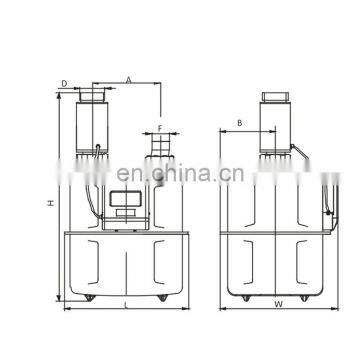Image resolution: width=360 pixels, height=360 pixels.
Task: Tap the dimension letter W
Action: click(x=277, y=304)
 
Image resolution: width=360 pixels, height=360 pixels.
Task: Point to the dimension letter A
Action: click(x=129, y=78)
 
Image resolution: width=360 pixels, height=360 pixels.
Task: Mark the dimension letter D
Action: click(x=64, y=84)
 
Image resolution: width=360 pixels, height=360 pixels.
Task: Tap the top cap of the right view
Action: click(x=275, y=100)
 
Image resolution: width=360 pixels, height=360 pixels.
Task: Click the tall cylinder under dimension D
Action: click(x=93, y=125)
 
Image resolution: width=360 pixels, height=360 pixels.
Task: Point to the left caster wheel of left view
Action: click(x=84, y=296)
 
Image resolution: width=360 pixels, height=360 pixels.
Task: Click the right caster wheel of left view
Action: click(x=161, y=296)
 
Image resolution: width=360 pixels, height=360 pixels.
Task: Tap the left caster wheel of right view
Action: click(x=238, y=295)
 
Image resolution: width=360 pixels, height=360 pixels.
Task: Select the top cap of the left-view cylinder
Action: click(x=93, y=93)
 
